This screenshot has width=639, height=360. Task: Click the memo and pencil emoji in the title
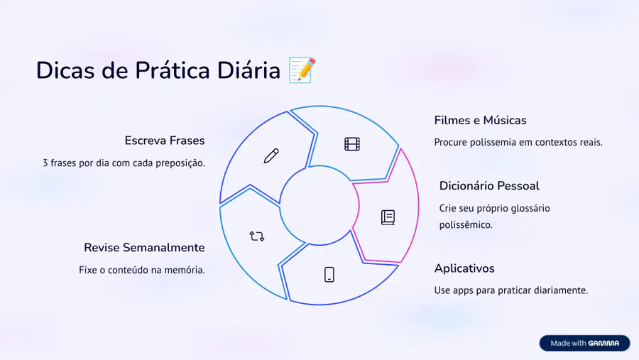(x=302, y=70)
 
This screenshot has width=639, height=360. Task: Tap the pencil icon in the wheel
(x=271, y=156)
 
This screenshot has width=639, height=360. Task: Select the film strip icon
(x=352, y=144)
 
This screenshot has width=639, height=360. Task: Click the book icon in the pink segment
(x=388, y=217)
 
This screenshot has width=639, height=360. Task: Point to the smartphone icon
(x=329, y=275)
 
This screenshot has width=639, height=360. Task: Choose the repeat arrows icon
(x=257, y=236)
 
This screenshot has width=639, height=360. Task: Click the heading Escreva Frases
(x=165, y=141)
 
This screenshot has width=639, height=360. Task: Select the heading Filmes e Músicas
(x=480, y=120)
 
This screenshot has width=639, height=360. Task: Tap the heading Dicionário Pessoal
(x=489, y=186)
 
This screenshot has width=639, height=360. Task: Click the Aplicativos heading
(x=464, y=268)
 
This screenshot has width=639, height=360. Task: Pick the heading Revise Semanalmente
(x=144, y=248)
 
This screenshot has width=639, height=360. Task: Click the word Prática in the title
(x=173, y=70)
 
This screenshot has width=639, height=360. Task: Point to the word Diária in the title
(x=248, y=70)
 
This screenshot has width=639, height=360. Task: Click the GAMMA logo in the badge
(x=603, y=343)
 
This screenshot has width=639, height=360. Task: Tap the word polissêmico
(x=466, y=224)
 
